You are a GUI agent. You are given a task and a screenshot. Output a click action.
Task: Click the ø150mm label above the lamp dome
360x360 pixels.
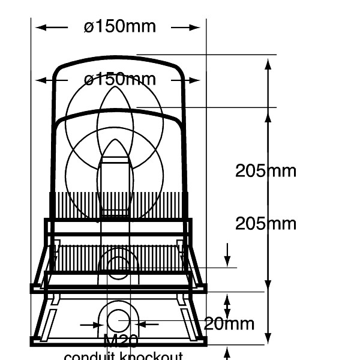[120, 27]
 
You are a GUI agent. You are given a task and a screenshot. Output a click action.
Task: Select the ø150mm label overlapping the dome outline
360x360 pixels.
[120, 79]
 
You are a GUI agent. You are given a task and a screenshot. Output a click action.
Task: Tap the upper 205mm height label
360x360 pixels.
[265, 171]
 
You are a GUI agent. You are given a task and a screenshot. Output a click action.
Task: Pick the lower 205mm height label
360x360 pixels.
[265, 224]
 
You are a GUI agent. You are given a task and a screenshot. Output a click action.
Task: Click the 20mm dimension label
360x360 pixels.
[229, 324]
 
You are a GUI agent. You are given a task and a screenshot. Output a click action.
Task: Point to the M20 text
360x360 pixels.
[121, 341]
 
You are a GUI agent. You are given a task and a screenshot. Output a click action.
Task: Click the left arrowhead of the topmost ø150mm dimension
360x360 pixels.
[39, 27]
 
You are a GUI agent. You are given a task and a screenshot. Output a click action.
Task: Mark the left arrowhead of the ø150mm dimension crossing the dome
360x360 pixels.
[39, 80]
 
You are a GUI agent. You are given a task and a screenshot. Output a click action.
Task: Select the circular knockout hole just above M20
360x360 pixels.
[118, 321]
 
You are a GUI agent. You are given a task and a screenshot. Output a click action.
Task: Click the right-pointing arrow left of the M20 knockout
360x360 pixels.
[98, 325]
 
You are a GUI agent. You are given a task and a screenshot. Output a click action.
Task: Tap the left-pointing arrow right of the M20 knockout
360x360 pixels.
[139, 325]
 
